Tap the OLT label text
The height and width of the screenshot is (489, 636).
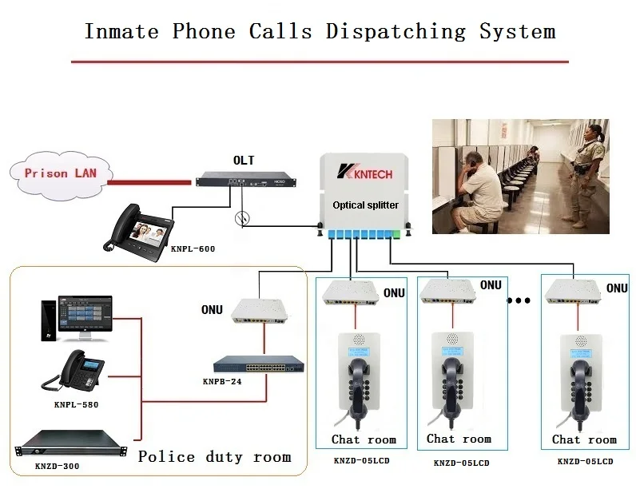[x=244, y=161]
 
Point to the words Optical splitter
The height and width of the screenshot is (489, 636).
[x=365, y=205]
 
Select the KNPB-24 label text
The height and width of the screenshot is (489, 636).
[x=222, y=382]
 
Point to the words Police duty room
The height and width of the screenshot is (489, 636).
[x=214, y=457]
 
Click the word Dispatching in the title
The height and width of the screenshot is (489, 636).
[x=396, y=32]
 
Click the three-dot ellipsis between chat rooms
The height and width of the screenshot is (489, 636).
[x=519, y=302]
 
